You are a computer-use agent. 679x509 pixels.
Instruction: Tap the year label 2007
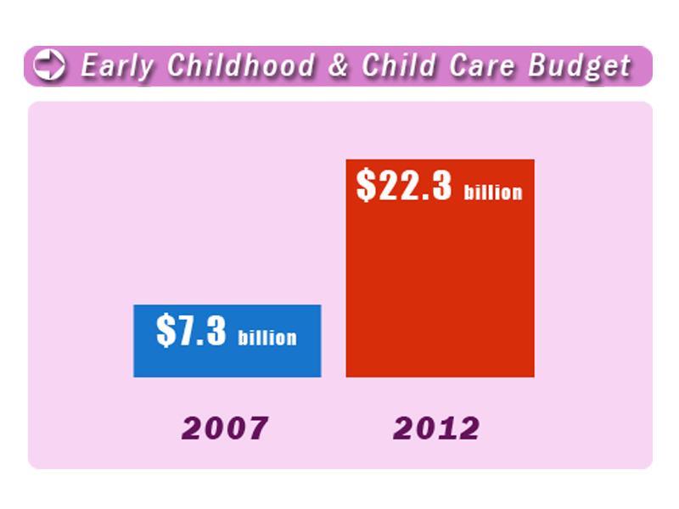pos(225,428)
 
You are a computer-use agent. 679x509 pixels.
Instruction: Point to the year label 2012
pos(436,428)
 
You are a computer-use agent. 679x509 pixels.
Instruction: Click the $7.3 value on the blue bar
pos(191,331)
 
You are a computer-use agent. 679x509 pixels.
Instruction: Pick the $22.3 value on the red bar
pos(404,185)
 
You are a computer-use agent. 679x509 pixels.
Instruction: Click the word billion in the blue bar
pos(267,338)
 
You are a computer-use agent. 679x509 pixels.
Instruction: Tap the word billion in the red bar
pos(493,192)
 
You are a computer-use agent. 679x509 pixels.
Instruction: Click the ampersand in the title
pos(338,66)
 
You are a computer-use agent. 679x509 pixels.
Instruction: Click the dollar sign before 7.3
pos(165,331)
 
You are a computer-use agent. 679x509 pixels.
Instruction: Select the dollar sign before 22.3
pos(366,185)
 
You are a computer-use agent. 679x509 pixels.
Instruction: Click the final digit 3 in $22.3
pos(440,185)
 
